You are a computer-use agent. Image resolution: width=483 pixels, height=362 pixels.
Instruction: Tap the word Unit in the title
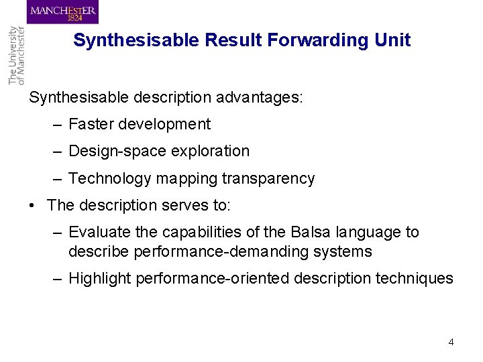click(392, 40)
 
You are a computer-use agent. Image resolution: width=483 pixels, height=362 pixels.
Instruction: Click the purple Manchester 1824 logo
click(63, 13)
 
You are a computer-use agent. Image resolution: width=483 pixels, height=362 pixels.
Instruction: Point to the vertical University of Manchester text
click(15, 56)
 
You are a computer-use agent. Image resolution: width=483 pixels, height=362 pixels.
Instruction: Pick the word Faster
click(90, 124)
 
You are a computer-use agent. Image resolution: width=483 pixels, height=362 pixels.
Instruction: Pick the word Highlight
click(99, 278)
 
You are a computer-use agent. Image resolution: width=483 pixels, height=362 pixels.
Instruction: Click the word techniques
click(417, 278)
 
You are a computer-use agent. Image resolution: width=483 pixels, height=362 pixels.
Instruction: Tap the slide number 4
click(451, 342)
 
